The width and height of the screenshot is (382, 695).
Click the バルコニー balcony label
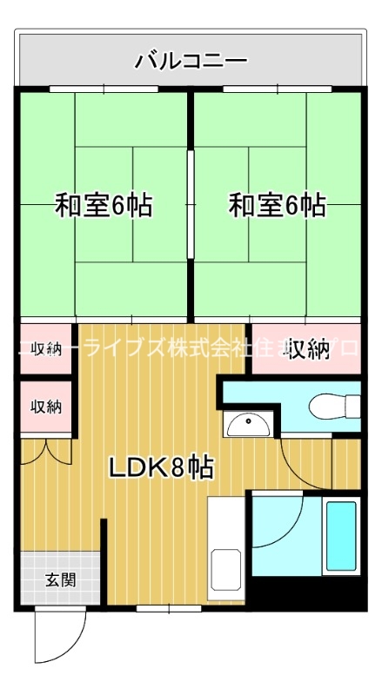pos(191,61)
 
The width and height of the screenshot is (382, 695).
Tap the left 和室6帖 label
pos(104,206)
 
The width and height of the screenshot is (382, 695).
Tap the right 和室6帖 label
pos(278,206)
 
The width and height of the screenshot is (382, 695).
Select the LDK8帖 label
pos(162,469)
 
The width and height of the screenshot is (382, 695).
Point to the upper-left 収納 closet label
pos(47,349)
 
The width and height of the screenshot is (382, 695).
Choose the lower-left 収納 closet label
pos(47,406)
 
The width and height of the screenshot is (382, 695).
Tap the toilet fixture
pos(335,406)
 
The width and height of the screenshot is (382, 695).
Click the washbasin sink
pos(248,426)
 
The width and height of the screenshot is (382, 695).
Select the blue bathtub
pos(340,536)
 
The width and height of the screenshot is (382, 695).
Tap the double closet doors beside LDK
pos(47,449)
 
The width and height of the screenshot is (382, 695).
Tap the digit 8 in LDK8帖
pos(178,469)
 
